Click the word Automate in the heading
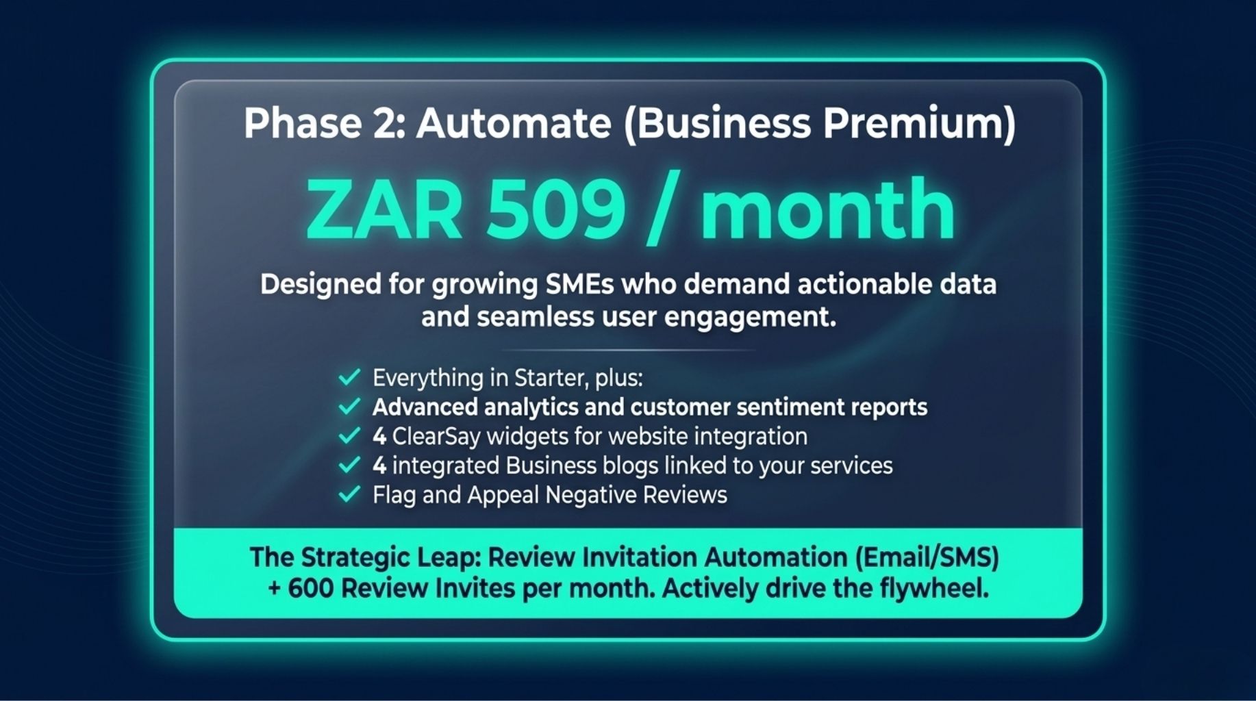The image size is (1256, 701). (x=513, y=124)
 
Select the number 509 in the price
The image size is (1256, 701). (x=556, y=209)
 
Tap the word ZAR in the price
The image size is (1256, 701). (x=384, y=209)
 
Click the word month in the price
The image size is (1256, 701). (x=827, y=209)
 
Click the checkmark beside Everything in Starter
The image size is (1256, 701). (x=349, y=377)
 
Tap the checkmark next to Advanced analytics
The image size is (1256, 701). (x=349, y=407)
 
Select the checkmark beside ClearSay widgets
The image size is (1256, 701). (x=349, y=436)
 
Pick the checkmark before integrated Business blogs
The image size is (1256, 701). (x=349, y=466)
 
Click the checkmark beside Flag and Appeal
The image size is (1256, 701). (x=349, y=494)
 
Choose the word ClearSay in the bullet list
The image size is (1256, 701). (x=436, y=437)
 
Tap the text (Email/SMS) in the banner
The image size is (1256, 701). (x=927, y=558)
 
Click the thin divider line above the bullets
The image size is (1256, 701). (x=628, y=350)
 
